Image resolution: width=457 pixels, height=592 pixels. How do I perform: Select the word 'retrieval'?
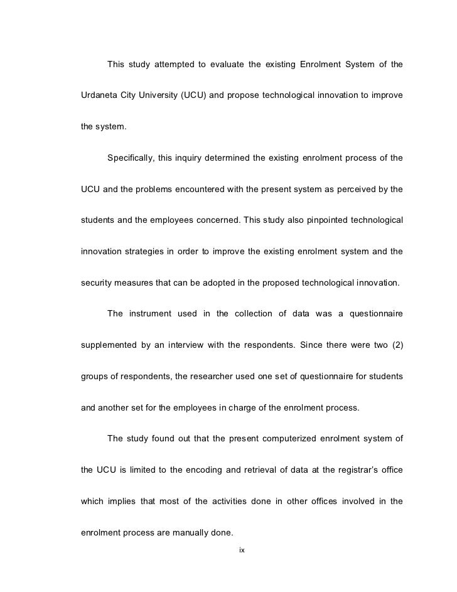[240, 471]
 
